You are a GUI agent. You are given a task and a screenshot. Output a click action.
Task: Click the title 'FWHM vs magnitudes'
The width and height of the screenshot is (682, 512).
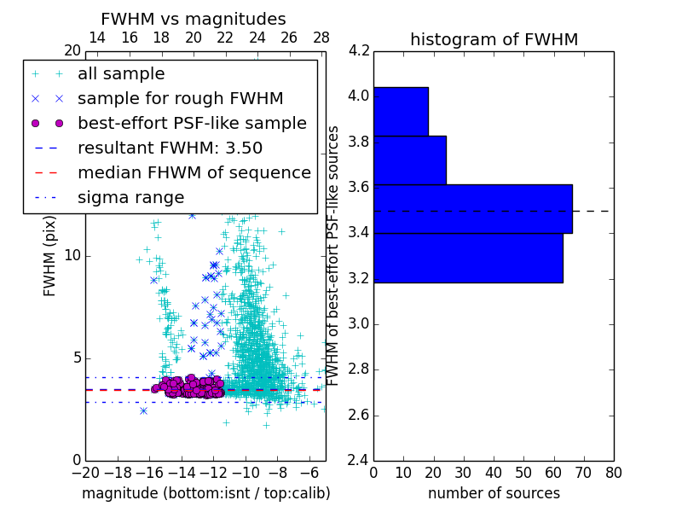pos(194,20)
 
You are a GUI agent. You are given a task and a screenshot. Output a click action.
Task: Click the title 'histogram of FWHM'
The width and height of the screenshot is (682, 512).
pos(494,39)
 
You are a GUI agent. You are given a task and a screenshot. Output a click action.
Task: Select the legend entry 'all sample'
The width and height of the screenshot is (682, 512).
pos(121,74)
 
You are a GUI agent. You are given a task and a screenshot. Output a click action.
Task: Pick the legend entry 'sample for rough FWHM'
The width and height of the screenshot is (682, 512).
pos(180,99)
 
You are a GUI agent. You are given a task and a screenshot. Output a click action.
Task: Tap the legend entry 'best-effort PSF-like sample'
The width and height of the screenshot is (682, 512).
pos(192,124)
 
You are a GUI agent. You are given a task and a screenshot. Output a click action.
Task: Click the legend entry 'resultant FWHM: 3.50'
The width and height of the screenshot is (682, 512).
pos(170,148)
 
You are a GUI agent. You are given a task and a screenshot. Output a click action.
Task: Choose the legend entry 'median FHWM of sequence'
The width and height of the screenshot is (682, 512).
pos(194,173)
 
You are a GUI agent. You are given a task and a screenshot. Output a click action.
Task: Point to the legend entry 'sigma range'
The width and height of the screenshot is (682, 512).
pos(130,198)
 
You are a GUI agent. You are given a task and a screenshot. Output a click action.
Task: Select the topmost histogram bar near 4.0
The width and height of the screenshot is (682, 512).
pos(401,111)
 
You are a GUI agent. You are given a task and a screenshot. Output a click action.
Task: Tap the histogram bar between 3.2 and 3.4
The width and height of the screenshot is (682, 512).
pos(468,258)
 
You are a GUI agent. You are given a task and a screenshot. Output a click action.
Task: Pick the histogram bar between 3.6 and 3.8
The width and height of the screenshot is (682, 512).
pos(409,160)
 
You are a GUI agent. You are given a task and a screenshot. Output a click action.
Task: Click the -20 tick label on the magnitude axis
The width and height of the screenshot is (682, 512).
pos(85,473)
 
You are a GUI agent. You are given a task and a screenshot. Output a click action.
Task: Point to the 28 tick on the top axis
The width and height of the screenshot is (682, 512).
pos(321,38)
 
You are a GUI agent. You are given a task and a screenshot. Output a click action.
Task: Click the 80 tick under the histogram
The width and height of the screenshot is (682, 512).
pos(613,473)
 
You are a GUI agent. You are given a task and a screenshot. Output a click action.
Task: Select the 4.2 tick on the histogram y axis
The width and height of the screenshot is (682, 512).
pos(358,50)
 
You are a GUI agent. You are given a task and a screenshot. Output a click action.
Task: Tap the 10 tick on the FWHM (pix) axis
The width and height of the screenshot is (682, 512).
pos(72,256)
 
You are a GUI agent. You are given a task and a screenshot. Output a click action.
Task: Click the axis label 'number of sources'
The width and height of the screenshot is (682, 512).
pos(494,493)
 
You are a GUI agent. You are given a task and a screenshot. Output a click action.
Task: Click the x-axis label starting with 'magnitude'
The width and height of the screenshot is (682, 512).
pos(205,493)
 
